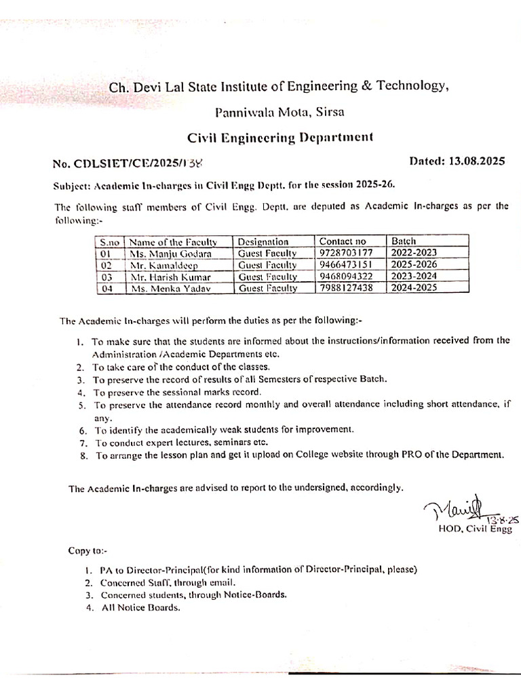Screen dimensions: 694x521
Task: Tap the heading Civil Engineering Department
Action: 281,138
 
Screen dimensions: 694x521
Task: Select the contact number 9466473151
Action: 346,264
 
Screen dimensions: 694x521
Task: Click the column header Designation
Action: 263,241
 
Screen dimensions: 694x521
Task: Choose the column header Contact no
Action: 343,241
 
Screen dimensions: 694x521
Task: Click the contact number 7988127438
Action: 346,288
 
